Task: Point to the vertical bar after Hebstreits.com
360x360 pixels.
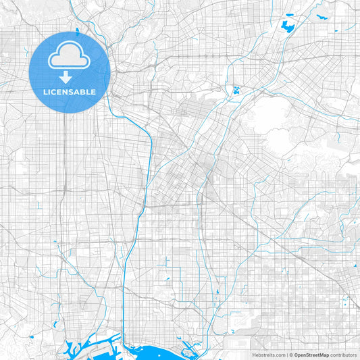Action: pos(286,355)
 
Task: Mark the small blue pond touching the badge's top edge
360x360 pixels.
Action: pos(78,30)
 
